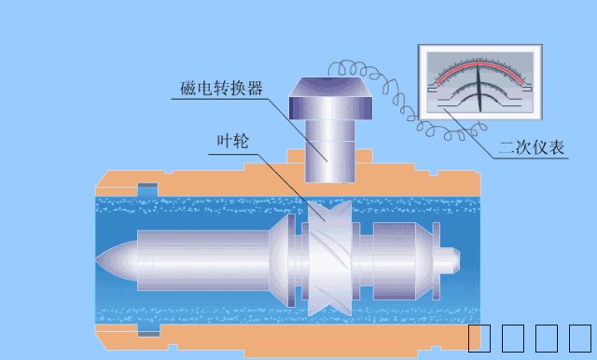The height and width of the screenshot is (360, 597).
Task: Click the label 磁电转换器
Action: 221,90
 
